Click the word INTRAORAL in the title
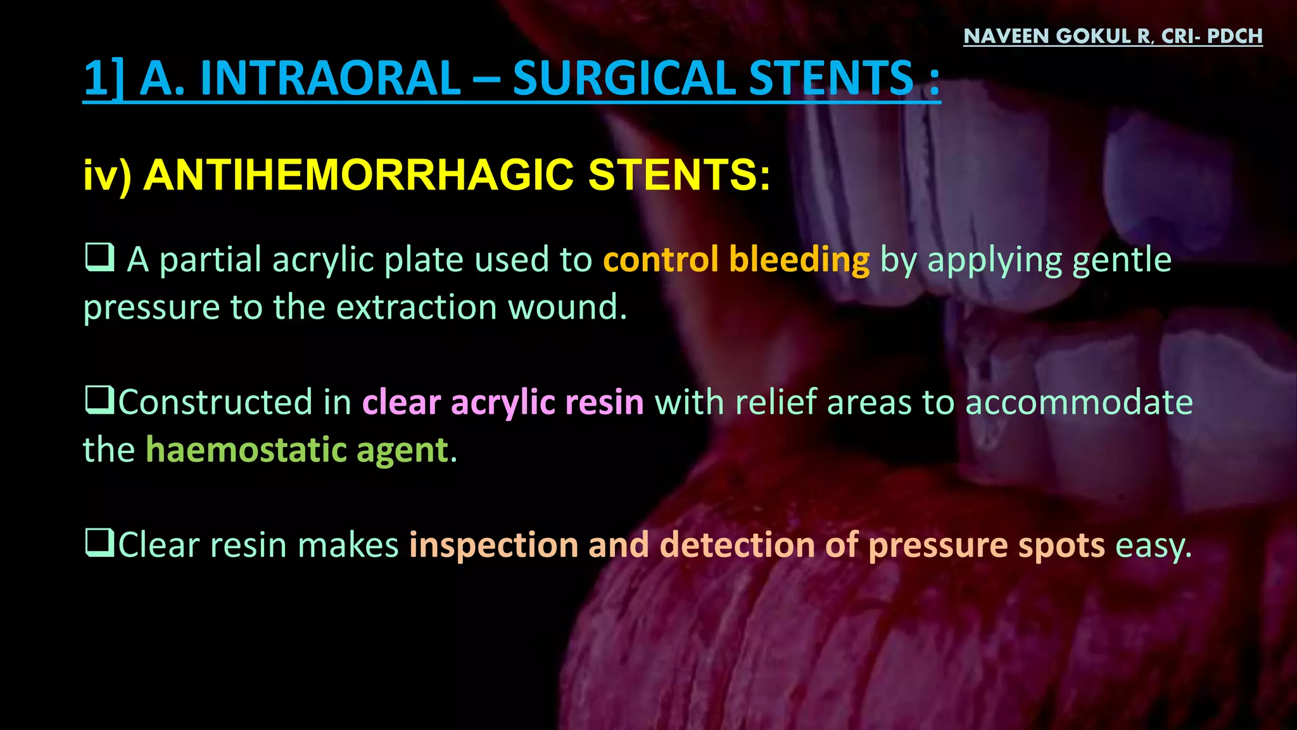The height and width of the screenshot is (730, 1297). tap(331, 79)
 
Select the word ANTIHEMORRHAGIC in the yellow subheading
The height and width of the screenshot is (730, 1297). tap(359, 174)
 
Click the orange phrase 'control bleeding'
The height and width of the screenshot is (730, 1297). tap(736, 260)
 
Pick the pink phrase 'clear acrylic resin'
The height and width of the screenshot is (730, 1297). tap(503, 402)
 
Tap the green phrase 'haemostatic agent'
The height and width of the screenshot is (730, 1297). tap(298, 450)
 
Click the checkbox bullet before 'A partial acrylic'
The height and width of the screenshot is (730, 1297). tap(99, 258)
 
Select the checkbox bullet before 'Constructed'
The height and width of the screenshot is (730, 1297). tap(99, 400)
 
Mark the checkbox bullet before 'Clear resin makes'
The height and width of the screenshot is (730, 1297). tap(99, 543)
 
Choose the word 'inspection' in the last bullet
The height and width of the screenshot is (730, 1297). tap(493, 545)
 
